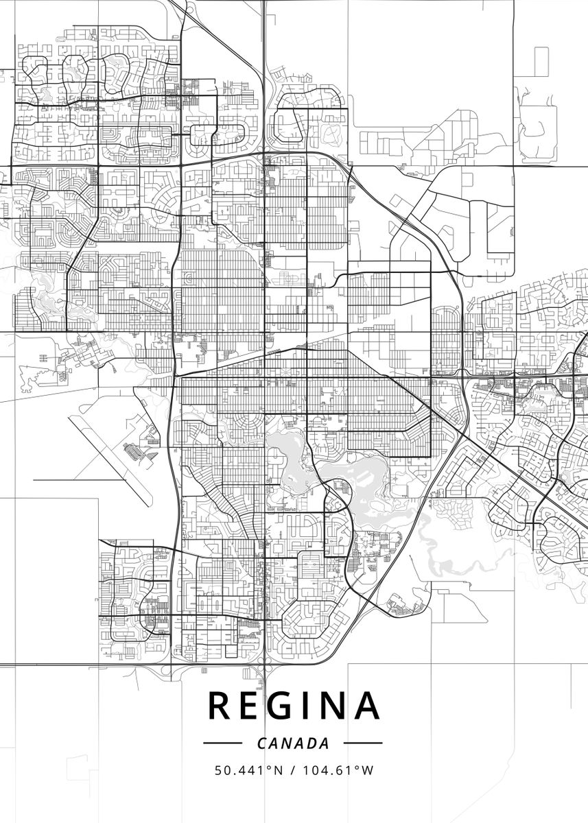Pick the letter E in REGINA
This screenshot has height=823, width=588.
[252, 706]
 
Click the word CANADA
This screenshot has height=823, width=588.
[293, 743]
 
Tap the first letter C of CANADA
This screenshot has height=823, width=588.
[261, 743]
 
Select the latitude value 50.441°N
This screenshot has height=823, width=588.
[248, 771]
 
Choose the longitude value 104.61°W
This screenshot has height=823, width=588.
[337, 771]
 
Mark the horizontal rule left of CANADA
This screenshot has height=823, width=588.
[222, 743]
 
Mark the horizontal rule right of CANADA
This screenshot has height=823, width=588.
[362, 743]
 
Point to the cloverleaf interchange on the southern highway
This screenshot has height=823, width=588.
[263, 658]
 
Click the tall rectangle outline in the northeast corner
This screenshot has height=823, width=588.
[541, 61]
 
